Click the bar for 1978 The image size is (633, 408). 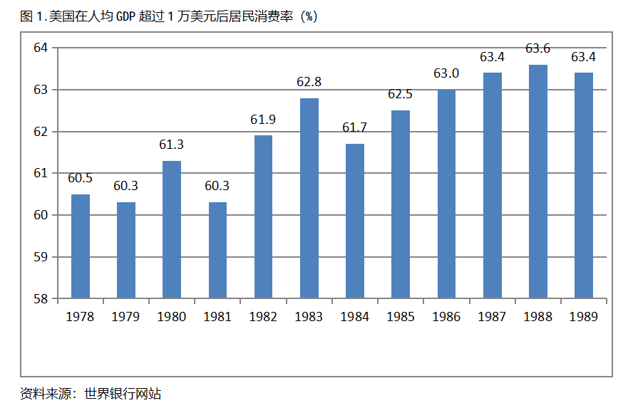81,246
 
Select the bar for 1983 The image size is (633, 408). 309,198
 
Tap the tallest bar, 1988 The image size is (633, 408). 538,182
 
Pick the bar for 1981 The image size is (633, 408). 217,250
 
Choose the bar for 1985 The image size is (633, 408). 401,204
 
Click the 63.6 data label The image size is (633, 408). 538,49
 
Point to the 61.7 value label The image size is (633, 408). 355,128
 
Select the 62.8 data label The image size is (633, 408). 309,82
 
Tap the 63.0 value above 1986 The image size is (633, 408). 446,73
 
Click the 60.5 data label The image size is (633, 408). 81,178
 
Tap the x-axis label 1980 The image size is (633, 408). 172,317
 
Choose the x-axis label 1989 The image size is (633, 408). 583,317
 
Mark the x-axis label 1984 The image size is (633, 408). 355,317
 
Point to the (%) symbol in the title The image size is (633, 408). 309,17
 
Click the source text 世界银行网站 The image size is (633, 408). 123,393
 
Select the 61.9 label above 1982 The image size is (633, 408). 264,120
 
